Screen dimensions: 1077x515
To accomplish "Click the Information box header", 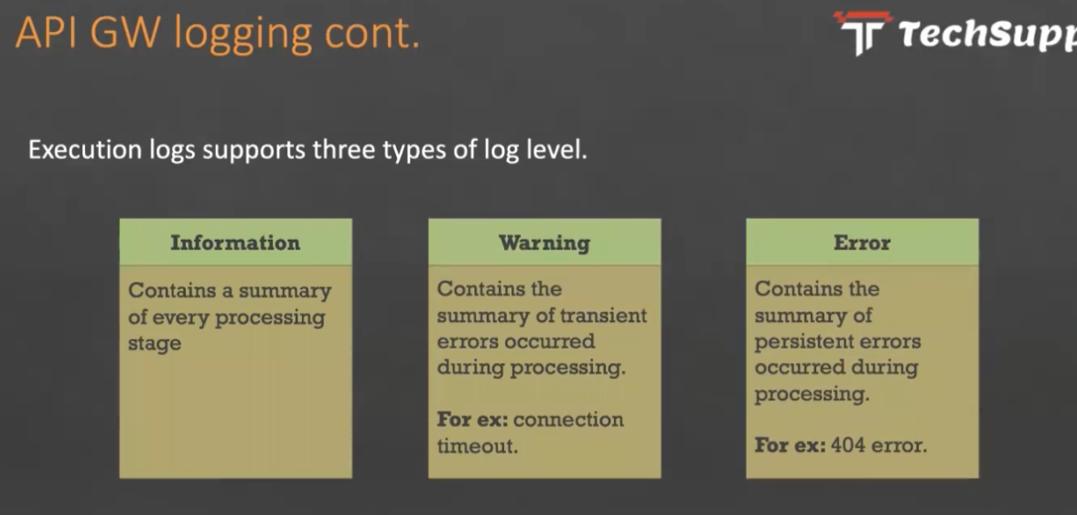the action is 235,241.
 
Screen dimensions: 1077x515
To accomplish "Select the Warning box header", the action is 544,241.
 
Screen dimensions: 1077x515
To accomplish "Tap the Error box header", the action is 862,241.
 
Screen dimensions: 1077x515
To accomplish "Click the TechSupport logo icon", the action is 863,32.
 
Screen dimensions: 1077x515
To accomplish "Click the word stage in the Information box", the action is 155,343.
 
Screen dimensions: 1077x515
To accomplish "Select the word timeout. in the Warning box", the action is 478,445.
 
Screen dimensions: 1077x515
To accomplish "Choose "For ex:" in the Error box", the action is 790,445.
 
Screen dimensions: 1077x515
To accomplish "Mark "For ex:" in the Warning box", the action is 472,419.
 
